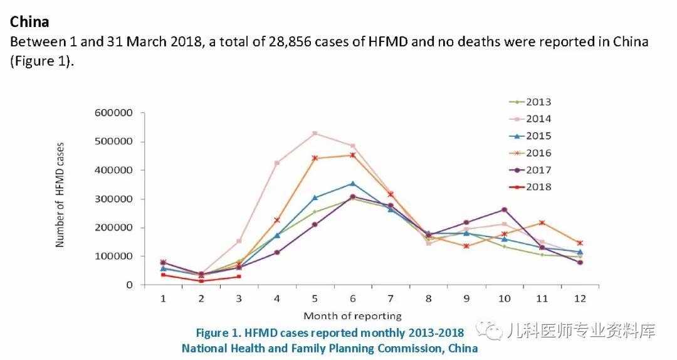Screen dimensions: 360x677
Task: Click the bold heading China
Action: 29,22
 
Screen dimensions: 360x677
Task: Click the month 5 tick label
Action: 315,299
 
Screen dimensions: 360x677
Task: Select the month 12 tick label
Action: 580,299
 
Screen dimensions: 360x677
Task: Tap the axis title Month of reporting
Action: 352,315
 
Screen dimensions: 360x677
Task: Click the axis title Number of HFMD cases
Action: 60,195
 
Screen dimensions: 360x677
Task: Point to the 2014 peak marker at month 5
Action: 315,133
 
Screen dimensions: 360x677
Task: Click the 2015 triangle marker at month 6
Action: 352,183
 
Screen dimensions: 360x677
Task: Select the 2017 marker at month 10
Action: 504,209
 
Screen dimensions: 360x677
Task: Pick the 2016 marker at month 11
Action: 542,223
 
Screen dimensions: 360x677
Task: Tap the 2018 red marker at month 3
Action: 239,277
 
